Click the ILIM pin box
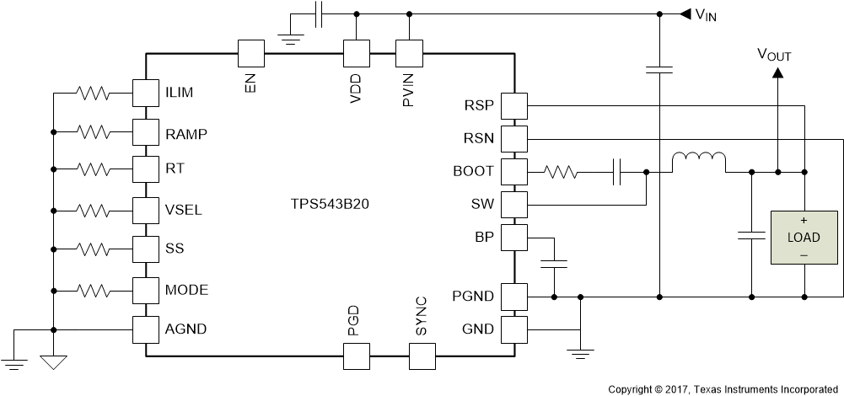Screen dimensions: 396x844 pos(146,92)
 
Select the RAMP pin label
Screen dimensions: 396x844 pos(185,133)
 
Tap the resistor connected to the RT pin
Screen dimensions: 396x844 pos(97,169)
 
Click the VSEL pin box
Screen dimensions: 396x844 pos(146,208)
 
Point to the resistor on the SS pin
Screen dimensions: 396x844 pos(97,249)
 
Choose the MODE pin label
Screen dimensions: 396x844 pos(186,290)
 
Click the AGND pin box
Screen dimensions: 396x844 pos(146,329)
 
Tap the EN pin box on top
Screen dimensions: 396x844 pos(250,54)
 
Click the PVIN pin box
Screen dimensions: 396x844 pos(409,54)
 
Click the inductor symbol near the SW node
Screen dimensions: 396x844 pos(698,160)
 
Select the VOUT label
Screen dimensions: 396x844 pos(773,56)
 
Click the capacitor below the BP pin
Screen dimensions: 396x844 pos(554,264)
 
